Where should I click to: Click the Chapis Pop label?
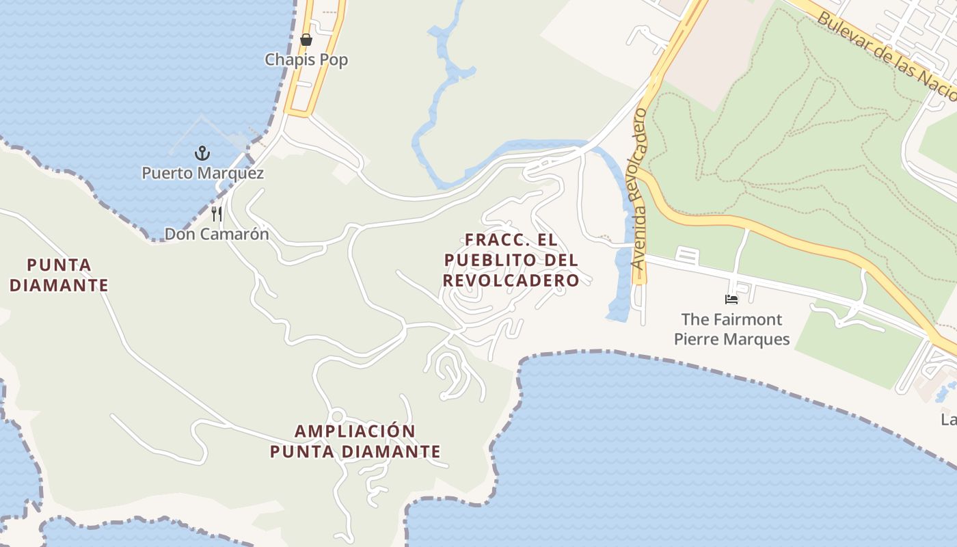306,59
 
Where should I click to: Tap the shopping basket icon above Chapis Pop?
306,40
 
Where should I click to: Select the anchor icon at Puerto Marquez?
202,153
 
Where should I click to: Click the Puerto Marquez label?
202,173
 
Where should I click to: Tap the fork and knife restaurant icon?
217,214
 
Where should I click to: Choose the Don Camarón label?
217,234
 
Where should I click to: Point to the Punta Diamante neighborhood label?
59,275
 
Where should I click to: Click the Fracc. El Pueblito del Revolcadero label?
511,261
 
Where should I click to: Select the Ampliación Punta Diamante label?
355,442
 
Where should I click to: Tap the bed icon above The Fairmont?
731,299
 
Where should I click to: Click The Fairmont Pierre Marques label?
731,329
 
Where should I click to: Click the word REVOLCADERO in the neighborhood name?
511,280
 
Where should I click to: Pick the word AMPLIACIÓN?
355,431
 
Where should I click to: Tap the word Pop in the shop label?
334,59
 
